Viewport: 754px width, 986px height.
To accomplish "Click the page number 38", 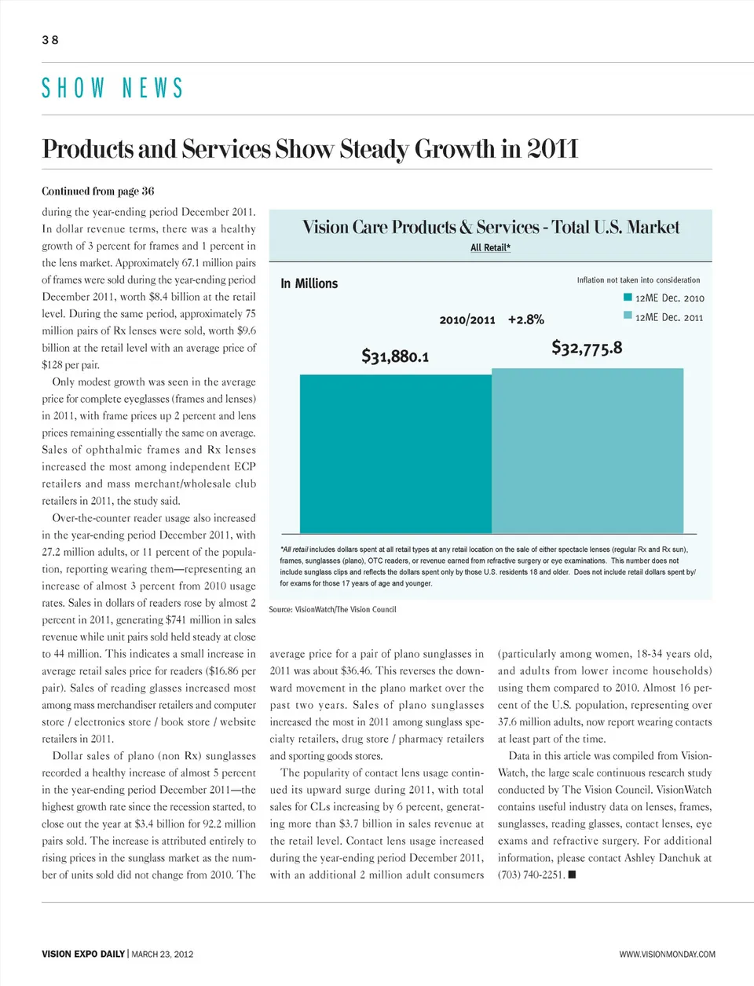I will [x=50, y=40].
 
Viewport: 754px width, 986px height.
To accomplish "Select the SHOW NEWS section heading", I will [x=112, y=88].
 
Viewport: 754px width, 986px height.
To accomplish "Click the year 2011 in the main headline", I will [x=552, y=148].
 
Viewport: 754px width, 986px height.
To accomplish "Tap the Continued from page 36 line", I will [x=98, y=191].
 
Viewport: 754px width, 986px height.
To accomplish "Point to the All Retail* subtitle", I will [x=491, y=247].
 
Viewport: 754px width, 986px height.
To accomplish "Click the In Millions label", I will [x=309, y=283].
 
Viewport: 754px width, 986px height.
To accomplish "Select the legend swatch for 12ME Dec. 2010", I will [x=628, y=298].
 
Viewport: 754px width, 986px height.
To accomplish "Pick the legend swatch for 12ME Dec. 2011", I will [x=628, y=316].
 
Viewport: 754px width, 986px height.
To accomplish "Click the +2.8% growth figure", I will [x=525, y=320].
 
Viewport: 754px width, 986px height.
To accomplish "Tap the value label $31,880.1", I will [x=395, y=356].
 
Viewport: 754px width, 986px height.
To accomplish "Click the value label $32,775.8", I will [x=587, y=347].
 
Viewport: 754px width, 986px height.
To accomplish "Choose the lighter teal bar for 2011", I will [x=587, y=451].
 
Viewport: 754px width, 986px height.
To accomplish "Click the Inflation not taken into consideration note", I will [x=639, y=279].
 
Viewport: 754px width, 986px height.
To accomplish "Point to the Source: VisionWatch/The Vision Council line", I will [x=332, y=609].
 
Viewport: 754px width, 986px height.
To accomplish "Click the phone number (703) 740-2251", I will [x=531, y=875].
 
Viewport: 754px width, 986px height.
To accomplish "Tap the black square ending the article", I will [x=572, y=874].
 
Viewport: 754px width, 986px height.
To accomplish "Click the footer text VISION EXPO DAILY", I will [x=83, y=954].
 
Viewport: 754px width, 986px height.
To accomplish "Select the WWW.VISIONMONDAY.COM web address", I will [x=667, y=954].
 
